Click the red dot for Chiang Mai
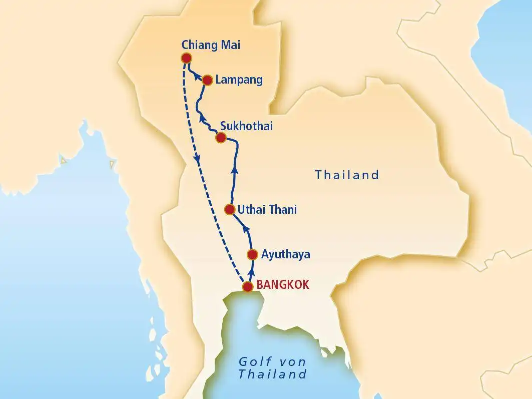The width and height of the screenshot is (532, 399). click(x=186, y=58)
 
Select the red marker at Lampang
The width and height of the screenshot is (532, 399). click(x=208, y=80)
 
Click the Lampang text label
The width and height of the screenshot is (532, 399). click(x=239, y=80)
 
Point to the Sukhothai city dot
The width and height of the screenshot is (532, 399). click(x=220, y=138)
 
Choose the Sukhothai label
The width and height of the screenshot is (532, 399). click(x=246, y=126)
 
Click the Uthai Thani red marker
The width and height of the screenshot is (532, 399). click(x=229, y=209)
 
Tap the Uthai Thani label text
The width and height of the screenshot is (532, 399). click(x=267, y=210)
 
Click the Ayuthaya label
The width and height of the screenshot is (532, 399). click(x=286, y=255)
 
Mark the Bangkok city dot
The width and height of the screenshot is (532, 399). click(x=247, y=287)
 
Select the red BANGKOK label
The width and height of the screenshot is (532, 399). click(x=283, y=285)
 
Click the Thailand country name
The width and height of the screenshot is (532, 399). click(x=347, y=175)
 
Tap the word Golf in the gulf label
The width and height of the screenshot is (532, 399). click(x=253, y=362)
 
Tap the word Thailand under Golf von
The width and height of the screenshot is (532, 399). click(x=272, y=374)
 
